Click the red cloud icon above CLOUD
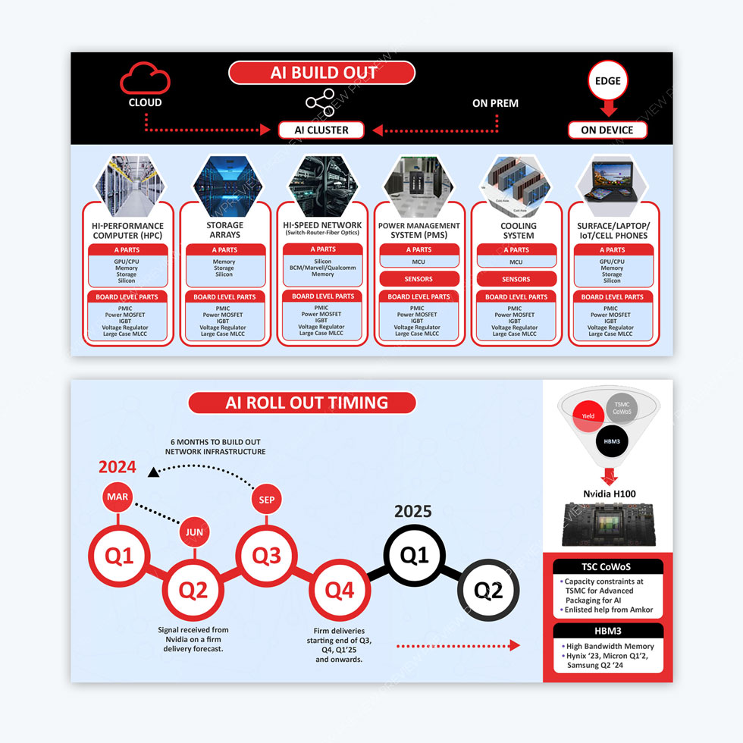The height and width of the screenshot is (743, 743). tap(145, 77)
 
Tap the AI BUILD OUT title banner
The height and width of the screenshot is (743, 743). tap(322, 73)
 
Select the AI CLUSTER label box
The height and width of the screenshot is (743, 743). tap(321, 130)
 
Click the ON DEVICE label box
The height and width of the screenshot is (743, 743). tap(607, 130)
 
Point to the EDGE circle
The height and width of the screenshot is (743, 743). tap(607, 81)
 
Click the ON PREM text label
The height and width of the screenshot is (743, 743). tap(495, 103)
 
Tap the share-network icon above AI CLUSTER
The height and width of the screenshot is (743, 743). tap(319, 104)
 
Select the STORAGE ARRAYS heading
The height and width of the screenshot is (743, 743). tap(224, 230)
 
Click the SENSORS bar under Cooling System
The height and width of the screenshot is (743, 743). tap(516, 279)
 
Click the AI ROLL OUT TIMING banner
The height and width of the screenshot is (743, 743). tap(302, 403)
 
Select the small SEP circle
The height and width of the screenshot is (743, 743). tap(266, 500)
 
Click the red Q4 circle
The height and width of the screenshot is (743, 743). tap(340, 590)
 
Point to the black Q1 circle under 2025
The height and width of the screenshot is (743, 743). tap(414, 556)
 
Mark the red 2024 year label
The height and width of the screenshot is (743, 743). tap(118, 467)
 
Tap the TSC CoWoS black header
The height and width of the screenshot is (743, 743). tap(608, 567)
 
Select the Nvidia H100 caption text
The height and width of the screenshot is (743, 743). tap(609, 494)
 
